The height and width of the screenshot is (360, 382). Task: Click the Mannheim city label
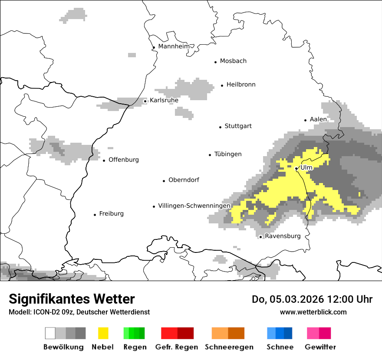(x=174, y=46)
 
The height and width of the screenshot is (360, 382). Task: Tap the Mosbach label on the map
(x=233, y=61)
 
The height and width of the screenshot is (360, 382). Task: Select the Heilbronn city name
(x=241, y=85)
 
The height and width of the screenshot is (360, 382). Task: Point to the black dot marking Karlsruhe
(x=145, y=101)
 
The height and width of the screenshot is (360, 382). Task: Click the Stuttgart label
(x=238, y=126)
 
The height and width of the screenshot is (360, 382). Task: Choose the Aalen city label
(x=318, y=119)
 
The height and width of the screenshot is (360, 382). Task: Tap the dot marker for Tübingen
(x=210, y=155)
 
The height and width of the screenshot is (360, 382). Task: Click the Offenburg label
(x=124, y=160)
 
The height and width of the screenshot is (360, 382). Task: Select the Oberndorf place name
(x=184, y=180)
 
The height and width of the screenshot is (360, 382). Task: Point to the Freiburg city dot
(x=95, y=215)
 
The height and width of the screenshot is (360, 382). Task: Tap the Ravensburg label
(x=283, y=236)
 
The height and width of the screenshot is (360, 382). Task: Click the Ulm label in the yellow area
(x=306, y=167)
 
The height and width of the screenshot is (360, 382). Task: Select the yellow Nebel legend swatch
(x=103, y=333)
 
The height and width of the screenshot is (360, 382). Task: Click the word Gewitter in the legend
(x=320, y=347)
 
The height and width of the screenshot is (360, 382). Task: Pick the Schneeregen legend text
(x=229, y=347)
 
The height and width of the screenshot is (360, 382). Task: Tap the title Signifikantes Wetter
(x=72, y=299)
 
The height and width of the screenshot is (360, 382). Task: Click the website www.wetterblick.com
(x=313, y=312)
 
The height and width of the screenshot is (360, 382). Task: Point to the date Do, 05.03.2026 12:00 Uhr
(x=312, y=299)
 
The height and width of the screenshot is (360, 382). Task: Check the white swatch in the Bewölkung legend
(x=50, y=333)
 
